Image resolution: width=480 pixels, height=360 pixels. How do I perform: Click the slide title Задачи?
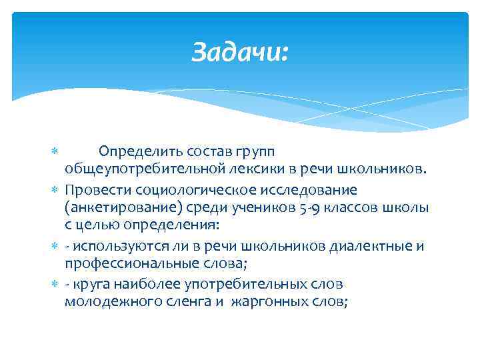pyautogui.click(x=240, y=52)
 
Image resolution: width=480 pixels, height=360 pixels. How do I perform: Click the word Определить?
pyautogui.click(x=136, y=155)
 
